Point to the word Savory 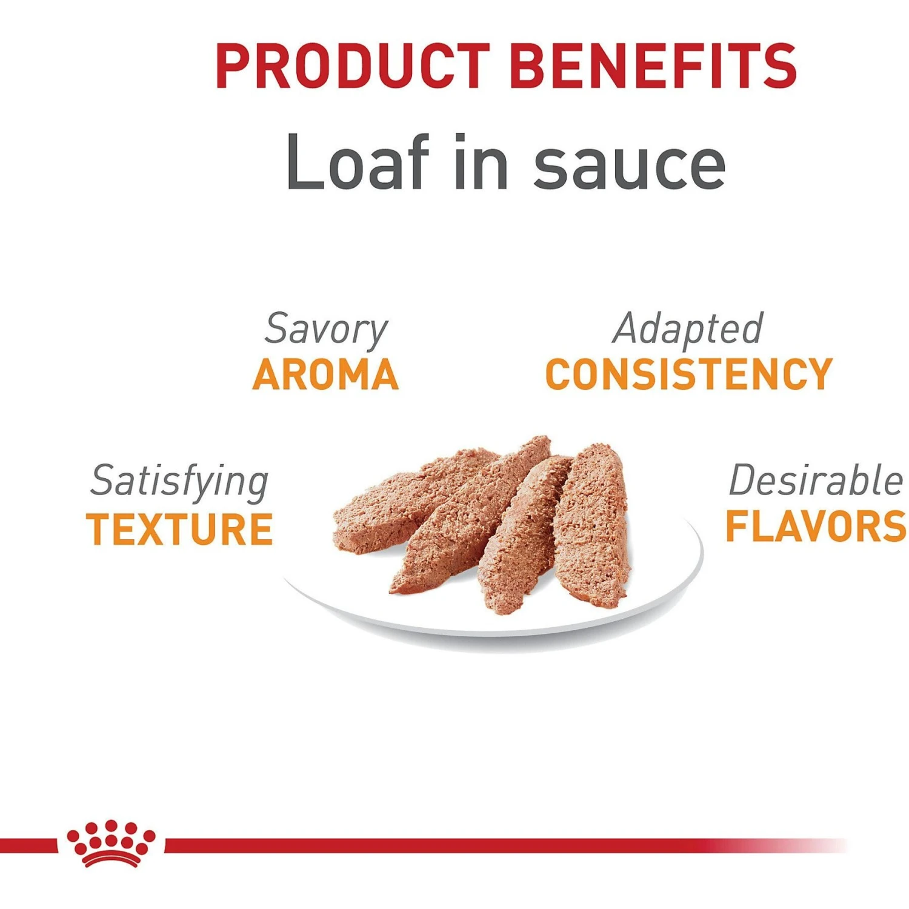click(326, 329)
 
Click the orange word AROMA click(326, 375)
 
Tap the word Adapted click(688, 329)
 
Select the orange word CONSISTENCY click(689, 375)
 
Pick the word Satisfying click(179, 482)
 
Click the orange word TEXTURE click(179, 529)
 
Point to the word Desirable click(815, 481)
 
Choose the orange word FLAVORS click(816, 526)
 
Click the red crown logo click(111, 842)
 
